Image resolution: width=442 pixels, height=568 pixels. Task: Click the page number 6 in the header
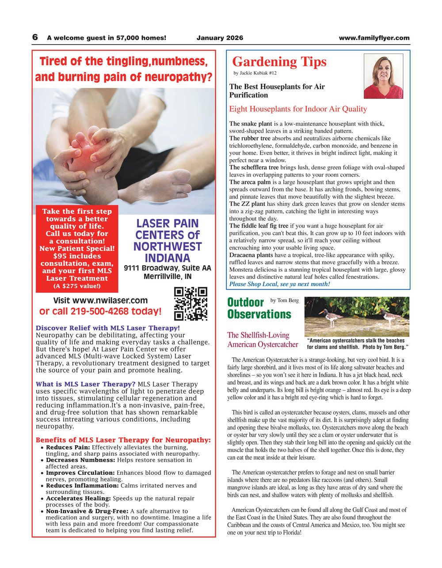[35, 38]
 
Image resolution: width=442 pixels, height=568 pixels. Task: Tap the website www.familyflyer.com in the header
[374, 38]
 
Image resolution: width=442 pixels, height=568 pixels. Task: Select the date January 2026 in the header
[220, 38]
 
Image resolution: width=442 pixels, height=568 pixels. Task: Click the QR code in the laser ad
[191, 303]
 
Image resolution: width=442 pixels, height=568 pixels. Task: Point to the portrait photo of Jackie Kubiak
[383, 76]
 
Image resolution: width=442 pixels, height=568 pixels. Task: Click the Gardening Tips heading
[279, 62]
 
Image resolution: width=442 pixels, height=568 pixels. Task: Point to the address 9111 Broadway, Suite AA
[168, 268]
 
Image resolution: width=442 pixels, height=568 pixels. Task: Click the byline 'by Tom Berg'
[284, 301]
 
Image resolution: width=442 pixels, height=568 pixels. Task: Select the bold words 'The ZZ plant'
[247, 204]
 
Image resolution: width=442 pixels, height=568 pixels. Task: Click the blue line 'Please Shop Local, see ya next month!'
[279, 284]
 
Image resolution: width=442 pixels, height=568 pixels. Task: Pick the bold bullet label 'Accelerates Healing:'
[78, 498]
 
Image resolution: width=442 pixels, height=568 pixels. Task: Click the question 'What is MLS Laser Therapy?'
[86, 384]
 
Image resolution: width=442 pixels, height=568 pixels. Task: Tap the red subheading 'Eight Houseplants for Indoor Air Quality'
[298, 109]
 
